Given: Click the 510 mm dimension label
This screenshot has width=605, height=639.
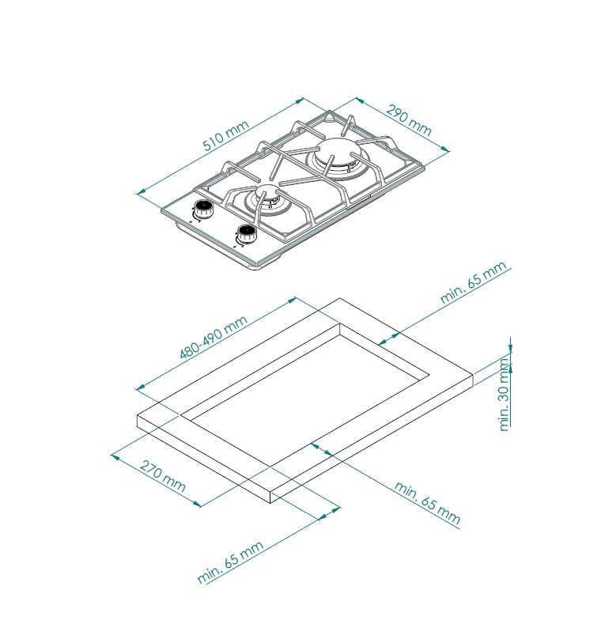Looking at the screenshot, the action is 225,136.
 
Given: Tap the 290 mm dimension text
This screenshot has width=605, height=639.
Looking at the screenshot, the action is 409,120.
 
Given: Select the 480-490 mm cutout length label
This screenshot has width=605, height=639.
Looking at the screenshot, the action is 213,337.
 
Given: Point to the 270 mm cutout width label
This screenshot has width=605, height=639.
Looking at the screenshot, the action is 163,476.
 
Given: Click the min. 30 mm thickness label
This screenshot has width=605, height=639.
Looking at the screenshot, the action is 504,394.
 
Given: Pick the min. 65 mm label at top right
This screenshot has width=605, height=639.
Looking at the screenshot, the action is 474,282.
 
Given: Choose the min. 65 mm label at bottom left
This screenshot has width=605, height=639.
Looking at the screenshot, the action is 230,562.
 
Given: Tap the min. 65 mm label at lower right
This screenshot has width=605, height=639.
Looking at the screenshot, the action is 427,503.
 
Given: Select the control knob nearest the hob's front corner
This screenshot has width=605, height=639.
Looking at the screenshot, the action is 245,234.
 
